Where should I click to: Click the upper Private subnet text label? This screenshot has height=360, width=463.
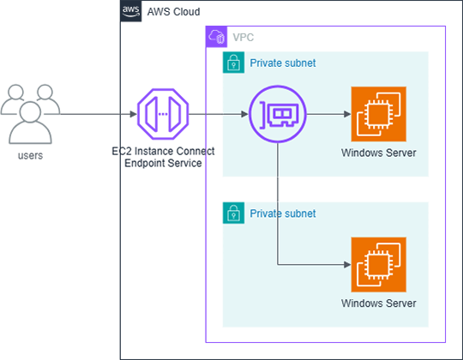point(282,63)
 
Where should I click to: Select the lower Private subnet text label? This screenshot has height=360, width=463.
point(282,213)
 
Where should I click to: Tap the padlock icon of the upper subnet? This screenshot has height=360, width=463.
point(230,62)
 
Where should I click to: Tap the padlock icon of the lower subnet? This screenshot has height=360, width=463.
point(230,213)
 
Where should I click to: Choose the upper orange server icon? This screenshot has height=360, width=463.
point(378,114)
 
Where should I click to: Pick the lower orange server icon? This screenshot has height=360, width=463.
point(378,265)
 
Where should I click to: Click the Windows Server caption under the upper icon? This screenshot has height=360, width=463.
point(378,153)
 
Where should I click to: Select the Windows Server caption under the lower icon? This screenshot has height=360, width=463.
point(378,303)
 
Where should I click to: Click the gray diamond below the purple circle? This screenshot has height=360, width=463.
point(277,188)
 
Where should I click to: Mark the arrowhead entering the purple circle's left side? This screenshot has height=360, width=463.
point(244,114)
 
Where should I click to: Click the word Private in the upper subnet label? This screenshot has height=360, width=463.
point(267,63)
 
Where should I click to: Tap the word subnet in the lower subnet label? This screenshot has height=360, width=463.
point(300,213)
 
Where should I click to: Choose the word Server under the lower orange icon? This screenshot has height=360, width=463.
point(400,303)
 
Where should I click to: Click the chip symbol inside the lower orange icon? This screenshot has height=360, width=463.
point(377,266)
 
